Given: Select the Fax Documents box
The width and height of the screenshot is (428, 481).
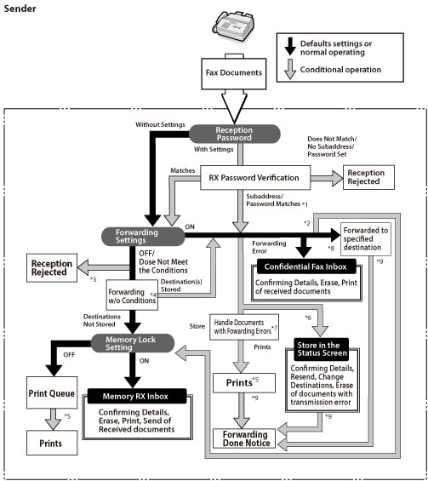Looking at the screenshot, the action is pyautogui.click(x=234, y=73).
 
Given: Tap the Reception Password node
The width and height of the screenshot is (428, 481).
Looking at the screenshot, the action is pyautogui.click(x=235, y=134).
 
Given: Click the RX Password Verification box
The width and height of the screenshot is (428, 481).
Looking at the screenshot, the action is pyautogui.click(x=255, y=178).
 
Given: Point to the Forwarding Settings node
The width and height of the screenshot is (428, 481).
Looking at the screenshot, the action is pyautogui.click(x=143, y=236).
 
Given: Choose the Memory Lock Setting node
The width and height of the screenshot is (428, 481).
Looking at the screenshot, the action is pyautogui.click(x=133, y=343).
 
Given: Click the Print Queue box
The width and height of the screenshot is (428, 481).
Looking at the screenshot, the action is pyautogui.click(x=52, y=392).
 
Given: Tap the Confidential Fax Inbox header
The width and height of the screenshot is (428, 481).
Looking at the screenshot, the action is pyautogui.click(x=306, y=266).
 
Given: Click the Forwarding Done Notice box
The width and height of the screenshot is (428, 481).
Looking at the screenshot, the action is pyautogui.click(x=244, y=438).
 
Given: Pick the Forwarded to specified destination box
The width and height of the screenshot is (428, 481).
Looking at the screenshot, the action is pyautogui.click(x=366, y=239).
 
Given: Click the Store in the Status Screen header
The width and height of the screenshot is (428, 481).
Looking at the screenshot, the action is pyautogui.click(x=322, y=349).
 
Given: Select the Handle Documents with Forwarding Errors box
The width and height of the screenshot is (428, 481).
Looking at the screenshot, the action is pyautogui.click(x=244, y=327).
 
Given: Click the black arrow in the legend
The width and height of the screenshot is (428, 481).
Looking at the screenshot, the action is pyautogui.click(x=289, y=46).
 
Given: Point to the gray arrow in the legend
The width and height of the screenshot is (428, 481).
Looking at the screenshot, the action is pyautogui.click(x=289, y=69).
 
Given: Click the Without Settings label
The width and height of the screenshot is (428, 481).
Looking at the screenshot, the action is pyautogui.click(x=160, y=124).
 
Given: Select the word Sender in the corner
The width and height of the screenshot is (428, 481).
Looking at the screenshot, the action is pyautogui.click(x=20, y=9).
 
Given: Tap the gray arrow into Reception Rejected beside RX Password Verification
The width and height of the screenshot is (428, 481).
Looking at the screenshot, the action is pyautogui.click(x=327, y=178).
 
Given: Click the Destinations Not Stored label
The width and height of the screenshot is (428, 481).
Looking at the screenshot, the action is pyautogui.click(x=102, y=320).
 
